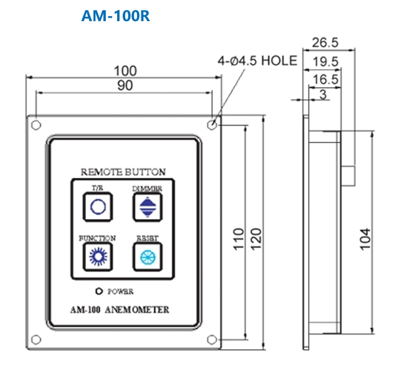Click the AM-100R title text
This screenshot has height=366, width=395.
tap(116, 15)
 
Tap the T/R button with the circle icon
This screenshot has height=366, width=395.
tap(98, 207)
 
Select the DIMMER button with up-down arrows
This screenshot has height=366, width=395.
tap(147, 207)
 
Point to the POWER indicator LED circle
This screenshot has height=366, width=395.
tap(98, 291)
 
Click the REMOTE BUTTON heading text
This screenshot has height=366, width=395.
tap(123, 171)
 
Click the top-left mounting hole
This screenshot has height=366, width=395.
tap(36, 124)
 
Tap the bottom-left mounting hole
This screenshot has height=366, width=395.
tap(36, 339)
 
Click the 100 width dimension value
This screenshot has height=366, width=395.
tap(124, 70)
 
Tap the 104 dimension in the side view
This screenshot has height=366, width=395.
tap(366, 239)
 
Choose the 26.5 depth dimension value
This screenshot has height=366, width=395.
tap(325, 42)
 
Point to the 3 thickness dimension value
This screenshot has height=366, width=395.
tap(322, 94)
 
